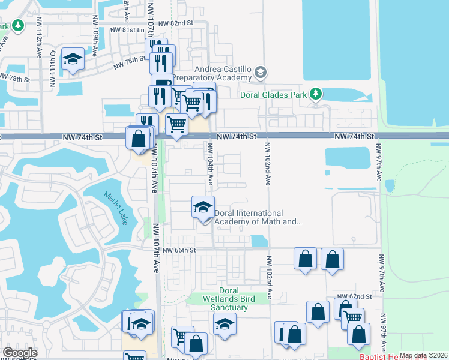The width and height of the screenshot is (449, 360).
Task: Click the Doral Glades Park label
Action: tap(273, 94)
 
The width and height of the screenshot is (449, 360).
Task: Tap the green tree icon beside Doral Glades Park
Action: tap(315, 94)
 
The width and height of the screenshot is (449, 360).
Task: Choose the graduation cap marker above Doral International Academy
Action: tap(203, 208)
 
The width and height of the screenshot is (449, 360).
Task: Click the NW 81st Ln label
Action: tap(127, 30)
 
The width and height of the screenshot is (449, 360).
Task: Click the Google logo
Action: tap(20, 353)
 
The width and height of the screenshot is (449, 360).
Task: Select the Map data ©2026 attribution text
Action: tap(423, 355)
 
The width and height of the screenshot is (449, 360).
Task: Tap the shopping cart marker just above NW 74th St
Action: tap(176, 124)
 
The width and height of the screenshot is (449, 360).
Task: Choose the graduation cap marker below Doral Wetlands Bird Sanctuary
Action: tap(224, 325)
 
